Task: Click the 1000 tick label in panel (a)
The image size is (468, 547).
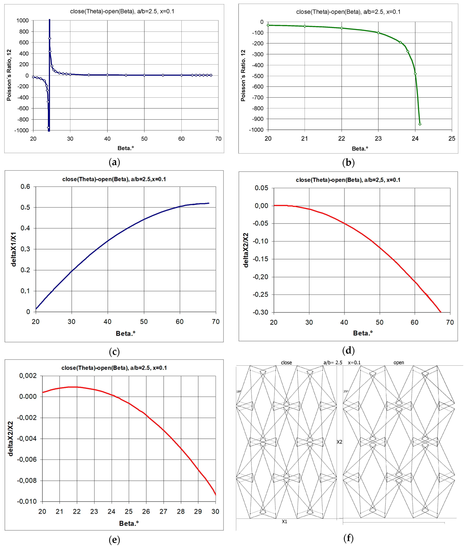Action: pyautogui.click(x=23, y=21)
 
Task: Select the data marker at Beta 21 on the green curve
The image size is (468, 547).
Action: pyautogui.click(x=305, y=26)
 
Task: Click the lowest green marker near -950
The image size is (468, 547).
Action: pyautogui.click(x=420, y=124)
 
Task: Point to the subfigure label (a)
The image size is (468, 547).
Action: pyautogui.click(x=114, y=162)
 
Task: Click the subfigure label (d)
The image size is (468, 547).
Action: pyautogui.click(x=348, y=351)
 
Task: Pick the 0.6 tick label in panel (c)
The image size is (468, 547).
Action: pyautogui.click(x=25, y=187)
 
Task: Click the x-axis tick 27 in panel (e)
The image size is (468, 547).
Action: pyautogui.click(x=163, y=512)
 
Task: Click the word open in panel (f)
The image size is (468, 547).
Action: pyautogui.click(x=399, y=363)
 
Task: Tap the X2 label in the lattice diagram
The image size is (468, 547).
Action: pyautogui.click(x=339, y=442)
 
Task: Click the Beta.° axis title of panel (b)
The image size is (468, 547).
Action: pyautogui.click(x=360, y=149)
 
